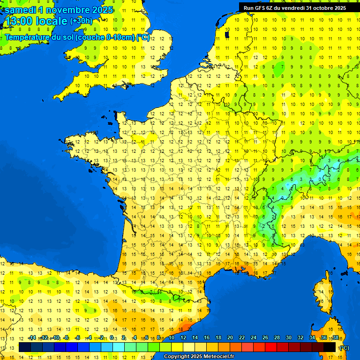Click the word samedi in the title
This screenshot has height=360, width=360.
click(x=19, y=9)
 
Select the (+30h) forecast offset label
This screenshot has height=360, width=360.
click(x=81, y=21)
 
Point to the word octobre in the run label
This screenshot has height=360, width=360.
click(x=320, y=7)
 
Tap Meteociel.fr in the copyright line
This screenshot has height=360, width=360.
click(x=218, y=357)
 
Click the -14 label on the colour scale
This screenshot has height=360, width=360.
click(x=32, y=337)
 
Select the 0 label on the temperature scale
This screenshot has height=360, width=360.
click(x=112, y=337)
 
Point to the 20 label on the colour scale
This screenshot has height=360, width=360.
click(x=230, y=337)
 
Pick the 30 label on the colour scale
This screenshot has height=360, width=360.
click(x=288, y=337)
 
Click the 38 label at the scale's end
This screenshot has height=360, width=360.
click(x=335, y=337)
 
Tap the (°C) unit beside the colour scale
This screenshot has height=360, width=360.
click(x=344, y=348)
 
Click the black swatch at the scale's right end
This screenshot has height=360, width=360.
click(x=330, y=347)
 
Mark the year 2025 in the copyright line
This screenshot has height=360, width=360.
click(x=194, y=357)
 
